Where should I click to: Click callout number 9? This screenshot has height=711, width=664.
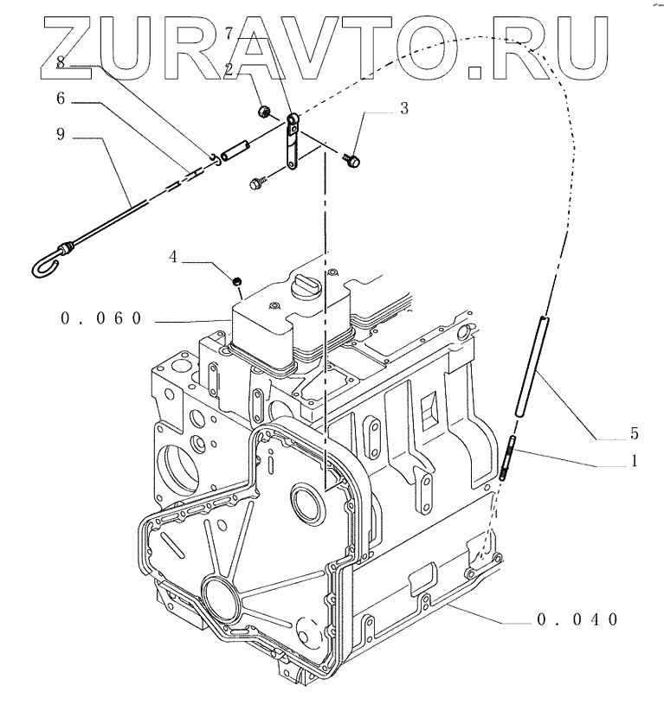click(61, 136)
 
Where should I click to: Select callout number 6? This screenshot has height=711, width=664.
click(61, 99)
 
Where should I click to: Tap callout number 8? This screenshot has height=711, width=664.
click(61, 61)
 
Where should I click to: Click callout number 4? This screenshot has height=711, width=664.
click(174, 257)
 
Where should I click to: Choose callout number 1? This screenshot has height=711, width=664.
click(635, 462)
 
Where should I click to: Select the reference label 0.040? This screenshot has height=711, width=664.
click(576, 619)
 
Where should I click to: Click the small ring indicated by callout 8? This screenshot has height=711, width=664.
click(212, 157)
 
